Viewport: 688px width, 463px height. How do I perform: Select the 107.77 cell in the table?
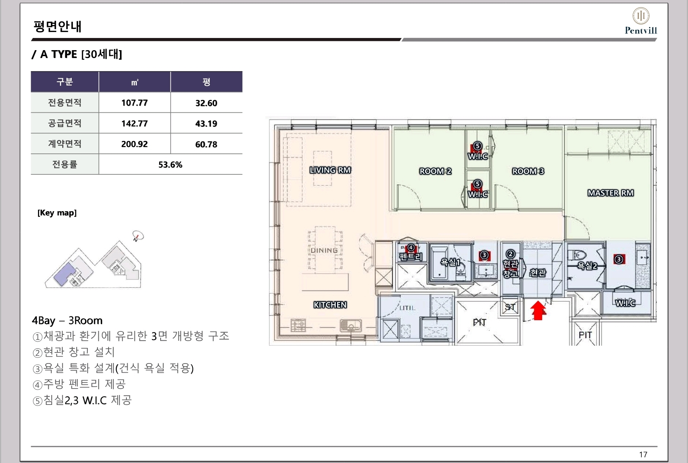tap(134, 103)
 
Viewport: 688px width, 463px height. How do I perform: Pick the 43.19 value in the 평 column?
tap(206, 124)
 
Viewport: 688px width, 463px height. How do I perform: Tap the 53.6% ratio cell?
tap(170, 165)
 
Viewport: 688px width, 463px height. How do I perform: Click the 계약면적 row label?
tap(65, 144)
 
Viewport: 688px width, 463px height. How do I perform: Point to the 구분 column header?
tap(65, 82)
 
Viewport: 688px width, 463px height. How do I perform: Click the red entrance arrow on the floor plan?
tap(538, 310)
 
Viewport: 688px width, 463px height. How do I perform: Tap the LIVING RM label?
tap(330, 170)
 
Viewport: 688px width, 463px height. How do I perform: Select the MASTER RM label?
tap(611, 193)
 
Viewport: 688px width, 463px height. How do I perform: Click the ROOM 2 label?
tap(435, 171)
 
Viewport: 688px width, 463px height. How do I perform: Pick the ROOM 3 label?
tap(528, 171)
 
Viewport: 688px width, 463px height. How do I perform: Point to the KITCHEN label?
tap(330, 305)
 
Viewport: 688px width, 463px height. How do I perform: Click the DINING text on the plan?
tap(324, 250)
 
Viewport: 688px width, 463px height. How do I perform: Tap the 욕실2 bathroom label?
tap(587, 266)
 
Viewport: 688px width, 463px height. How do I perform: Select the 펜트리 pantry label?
tap(410, 257)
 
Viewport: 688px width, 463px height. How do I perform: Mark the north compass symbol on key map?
tap(138, 236)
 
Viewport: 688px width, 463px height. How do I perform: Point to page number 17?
tap(643, 454)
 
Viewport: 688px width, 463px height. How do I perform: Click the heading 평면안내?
tap(57, 27)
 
